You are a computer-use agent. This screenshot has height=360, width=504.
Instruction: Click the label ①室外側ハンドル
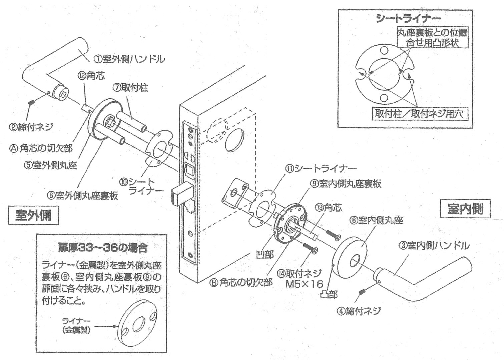click(x=129, y=59)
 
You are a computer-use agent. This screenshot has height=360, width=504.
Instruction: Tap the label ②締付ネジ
click(x=31, y=127)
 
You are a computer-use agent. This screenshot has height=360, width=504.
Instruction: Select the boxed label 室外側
click(x=33, y=216)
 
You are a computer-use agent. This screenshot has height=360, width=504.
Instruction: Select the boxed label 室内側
click(x=465, y=209)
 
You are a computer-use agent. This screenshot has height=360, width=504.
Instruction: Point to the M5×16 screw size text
click(x=304, y=284)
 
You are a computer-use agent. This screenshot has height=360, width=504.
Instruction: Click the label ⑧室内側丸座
click(x=376, y=220)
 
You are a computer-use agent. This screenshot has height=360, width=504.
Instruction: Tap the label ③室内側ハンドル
click(x=434, y=246)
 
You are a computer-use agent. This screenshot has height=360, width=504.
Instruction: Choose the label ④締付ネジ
click(x=359, y=311)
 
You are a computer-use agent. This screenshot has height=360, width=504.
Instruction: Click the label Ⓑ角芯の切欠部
click(x=240, y=283)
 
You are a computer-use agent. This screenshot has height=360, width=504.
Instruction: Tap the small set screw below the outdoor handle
click(x=31, y=102)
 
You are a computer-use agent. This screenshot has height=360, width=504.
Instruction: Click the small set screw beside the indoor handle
click(x=362, y=292)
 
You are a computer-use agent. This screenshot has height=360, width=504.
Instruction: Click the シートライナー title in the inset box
click(x=408, y=18)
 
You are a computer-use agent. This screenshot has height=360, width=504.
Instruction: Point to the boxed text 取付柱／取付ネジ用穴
click(x=419, y=114)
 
